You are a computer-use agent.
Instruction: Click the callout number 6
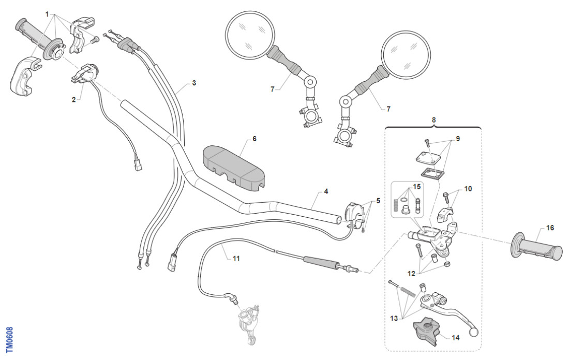(254, 139)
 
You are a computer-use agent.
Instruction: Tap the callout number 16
(549, 227)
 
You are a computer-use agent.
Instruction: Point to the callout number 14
(455, 338)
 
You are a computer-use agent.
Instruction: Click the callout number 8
(433, 119)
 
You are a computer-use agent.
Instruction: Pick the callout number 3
(193, 83)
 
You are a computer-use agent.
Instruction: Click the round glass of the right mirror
(406, 53)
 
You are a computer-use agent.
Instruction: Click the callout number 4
(326, 191)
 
